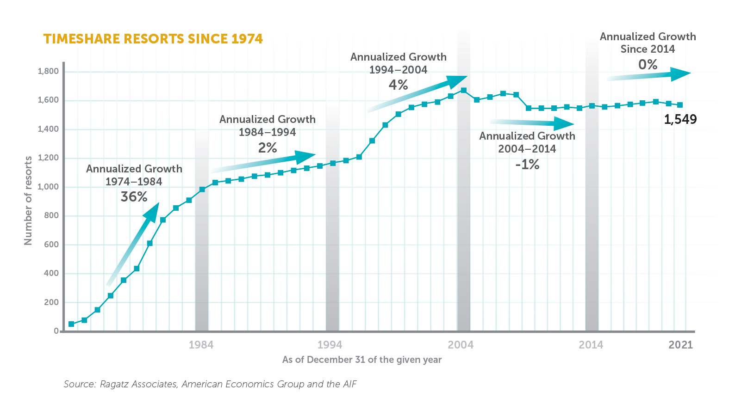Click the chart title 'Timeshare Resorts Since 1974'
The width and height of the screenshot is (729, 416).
[153, 39]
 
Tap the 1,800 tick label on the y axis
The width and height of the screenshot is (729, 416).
[48, 71]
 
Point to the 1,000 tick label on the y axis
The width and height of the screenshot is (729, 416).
[48, 187]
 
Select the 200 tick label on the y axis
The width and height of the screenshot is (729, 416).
[51, 302]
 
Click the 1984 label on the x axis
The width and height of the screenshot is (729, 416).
[201, 345]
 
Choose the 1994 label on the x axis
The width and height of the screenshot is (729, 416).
[330, 345]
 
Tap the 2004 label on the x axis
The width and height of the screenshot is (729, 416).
[461, 345]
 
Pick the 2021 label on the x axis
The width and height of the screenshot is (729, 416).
[680, 345]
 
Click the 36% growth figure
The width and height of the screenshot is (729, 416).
[134, 197]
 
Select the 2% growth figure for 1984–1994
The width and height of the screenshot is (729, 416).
[267, 148]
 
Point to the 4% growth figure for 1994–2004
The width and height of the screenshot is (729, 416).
[398, 85]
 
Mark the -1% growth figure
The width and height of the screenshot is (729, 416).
[527, 165]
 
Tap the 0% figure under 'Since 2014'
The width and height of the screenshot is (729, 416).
[648, 65]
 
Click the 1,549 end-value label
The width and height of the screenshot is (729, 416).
[680, 120]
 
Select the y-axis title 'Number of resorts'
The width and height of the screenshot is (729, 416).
[28, 201]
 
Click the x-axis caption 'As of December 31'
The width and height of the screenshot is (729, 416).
[362, 360]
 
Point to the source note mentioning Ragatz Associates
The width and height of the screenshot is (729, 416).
[210, 384]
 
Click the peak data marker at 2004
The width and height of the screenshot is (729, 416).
[464, 91]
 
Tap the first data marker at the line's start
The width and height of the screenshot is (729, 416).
[71, 324]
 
